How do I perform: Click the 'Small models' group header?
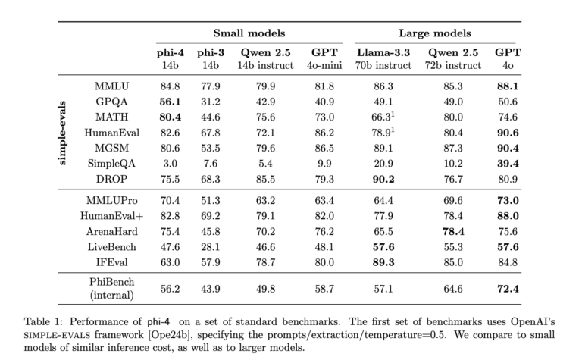click(249, 33)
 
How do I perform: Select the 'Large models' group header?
click(434, 33)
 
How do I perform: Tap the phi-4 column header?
click(169, 53)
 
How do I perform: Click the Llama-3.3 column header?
click(383, 53)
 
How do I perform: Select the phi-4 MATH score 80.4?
click(169, 116)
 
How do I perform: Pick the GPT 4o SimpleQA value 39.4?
click(507, 164)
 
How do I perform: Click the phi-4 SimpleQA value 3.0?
click(169, 164)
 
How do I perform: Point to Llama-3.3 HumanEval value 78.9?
click(382, 133)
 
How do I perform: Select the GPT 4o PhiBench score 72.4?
click(507, 288)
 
